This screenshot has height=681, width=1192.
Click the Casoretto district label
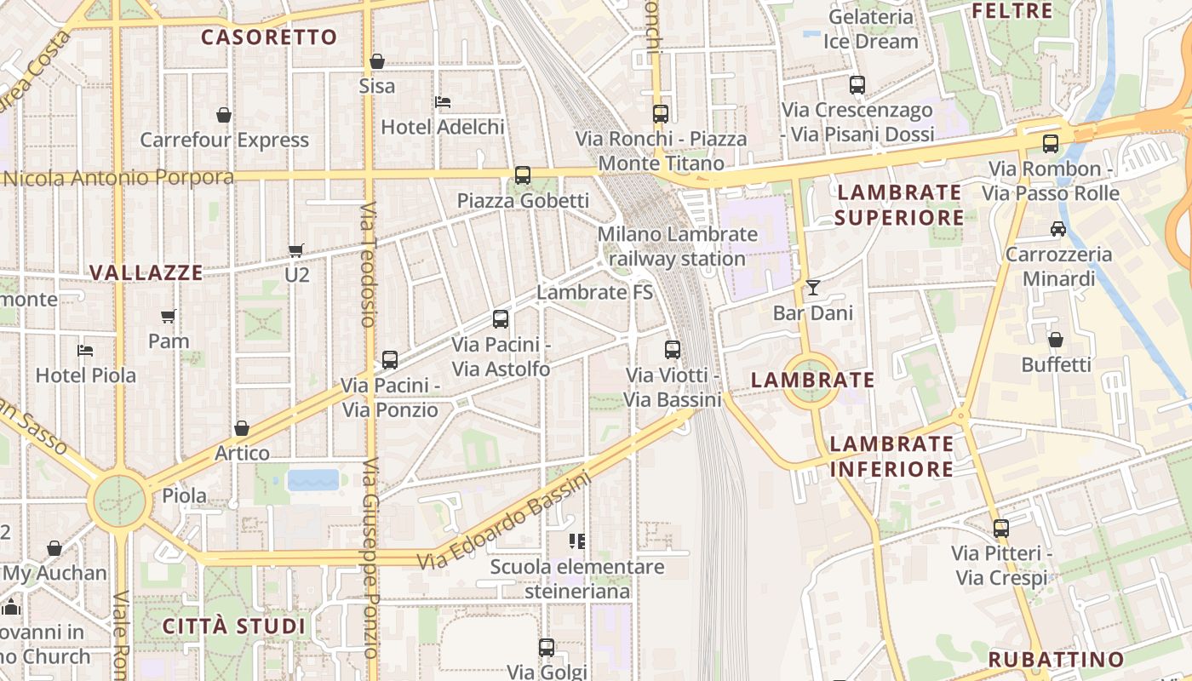[269, 37]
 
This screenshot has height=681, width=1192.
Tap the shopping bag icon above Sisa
[376, 61]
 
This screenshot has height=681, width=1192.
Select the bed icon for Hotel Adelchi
[443, 102]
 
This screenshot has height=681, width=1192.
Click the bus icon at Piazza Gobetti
[523, 175]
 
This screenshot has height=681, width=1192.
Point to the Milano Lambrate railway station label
[677, 246]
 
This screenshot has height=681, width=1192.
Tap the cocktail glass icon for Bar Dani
[813, 288]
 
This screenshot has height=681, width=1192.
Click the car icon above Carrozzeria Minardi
[1058, 229]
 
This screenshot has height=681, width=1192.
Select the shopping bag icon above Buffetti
[1056, 340]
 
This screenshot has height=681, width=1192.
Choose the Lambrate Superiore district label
[899, 204]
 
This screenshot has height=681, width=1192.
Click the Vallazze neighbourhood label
[146, 273]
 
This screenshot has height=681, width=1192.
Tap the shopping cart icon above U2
[296, 250]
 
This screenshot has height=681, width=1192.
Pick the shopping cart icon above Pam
[169, 316]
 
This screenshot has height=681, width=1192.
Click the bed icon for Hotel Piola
[85, 350]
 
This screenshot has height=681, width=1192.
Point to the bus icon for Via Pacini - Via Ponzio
[390, 360]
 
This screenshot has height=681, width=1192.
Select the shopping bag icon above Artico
[242, 428]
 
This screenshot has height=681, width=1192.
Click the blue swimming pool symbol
[313, 480]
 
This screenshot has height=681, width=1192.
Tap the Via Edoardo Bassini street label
[504, 521]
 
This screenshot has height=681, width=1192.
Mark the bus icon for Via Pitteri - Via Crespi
[1001, 529]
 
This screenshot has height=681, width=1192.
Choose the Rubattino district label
[1057, 660]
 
